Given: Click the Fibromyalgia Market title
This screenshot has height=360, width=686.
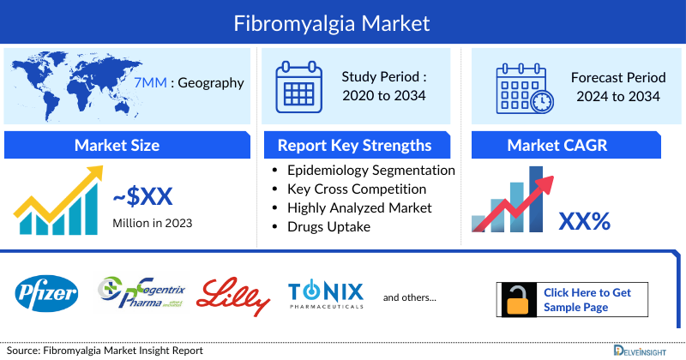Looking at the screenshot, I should coord(344,21).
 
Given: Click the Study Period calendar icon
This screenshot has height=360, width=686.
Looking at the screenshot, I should coord(299,86).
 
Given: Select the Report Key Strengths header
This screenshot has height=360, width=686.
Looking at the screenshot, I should coord(354,145).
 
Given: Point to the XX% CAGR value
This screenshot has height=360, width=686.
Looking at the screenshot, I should coord(585,221).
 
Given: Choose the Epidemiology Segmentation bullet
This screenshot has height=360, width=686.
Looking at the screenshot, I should coord(370,170).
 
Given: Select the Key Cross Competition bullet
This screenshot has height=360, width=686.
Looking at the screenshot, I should coord(357,189).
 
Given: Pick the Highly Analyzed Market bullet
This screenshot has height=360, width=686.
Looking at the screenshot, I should coord(359,207).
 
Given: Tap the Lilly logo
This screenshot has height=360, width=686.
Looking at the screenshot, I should coord(233,297).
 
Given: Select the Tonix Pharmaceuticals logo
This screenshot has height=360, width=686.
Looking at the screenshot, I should coord(326,295).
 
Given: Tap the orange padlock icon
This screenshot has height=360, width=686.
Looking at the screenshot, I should coord(517,300).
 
